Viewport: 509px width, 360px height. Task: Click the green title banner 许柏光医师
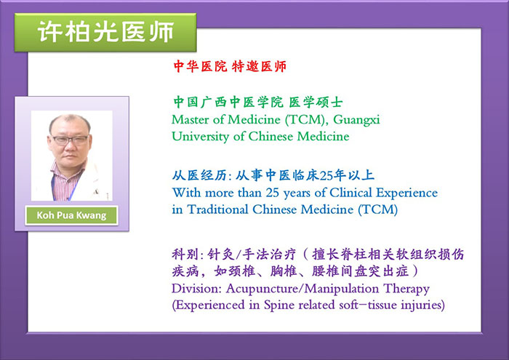[105, 32]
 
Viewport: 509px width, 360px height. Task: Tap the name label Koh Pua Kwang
[71, 215]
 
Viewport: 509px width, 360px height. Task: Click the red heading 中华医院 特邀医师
[230, 67]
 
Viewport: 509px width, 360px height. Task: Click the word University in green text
[200, 137]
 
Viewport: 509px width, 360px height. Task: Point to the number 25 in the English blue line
[273, 193]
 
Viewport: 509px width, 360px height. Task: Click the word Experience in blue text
[406, 193]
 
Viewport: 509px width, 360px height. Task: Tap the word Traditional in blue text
[218, 209]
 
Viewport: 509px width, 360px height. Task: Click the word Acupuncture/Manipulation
[302, 289]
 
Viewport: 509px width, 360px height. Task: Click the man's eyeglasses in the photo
[70, 140]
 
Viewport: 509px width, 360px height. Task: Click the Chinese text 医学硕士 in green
[316, 103]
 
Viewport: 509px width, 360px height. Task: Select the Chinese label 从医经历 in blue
[199, 175]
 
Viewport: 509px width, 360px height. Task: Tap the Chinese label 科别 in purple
[185, 255]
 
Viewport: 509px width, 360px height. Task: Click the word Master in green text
[191, 120]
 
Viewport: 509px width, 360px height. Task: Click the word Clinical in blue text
[351, 193]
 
